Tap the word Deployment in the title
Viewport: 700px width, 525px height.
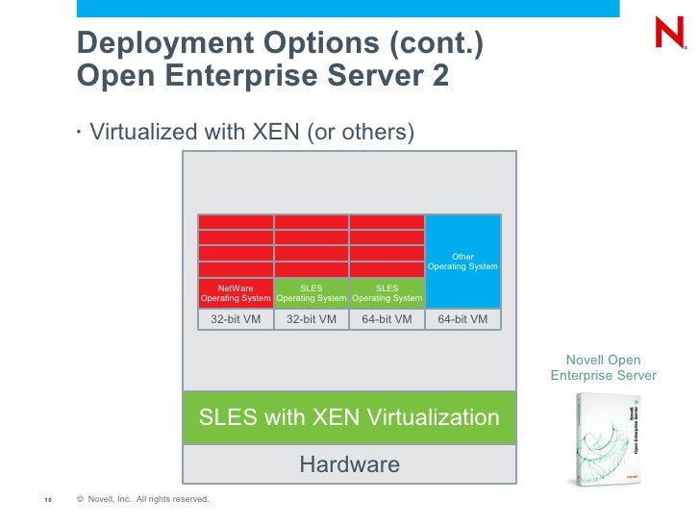151,43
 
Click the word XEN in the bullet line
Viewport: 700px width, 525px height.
276,131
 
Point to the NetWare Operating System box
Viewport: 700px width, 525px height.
236,292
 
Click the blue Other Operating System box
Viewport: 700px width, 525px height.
462,261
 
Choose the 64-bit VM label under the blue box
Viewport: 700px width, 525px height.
462,319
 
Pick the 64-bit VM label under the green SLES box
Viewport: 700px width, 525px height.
387,319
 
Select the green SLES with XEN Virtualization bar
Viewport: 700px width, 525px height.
349,417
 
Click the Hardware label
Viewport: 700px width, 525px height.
349,465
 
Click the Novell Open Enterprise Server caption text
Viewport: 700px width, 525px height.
603,367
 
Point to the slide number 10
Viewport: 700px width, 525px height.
46,499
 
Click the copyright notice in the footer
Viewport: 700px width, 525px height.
141,499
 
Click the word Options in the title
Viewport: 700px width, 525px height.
291,43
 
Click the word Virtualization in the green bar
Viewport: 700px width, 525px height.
426,417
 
